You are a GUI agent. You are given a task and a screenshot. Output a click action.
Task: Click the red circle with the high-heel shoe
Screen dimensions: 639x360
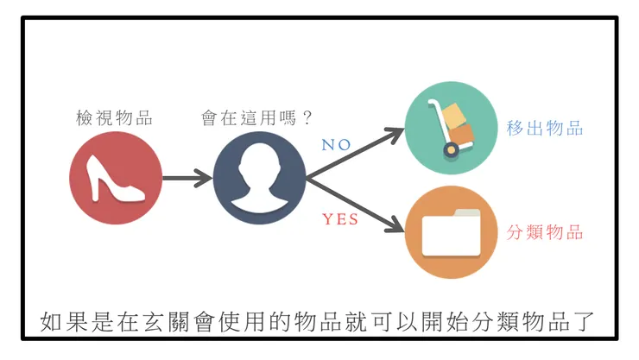[116, 179]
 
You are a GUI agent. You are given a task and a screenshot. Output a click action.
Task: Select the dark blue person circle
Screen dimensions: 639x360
[260, 179]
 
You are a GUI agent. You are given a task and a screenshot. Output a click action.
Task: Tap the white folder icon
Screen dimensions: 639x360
[451, 232]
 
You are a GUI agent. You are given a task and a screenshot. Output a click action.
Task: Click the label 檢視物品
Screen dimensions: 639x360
[114, 118]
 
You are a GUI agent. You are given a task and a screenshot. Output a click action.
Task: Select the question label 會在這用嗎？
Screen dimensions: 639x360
[256, 118]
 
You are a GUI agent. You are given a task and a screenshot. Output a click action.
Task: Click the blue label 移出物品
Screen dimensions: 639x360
[545, 129]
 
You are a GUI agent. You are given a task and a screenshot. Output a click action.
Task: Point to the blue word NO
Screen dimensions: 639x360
[336, 145]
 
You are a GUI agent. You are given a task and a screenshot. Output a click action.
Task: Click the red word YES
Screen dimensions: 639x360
[340, 219]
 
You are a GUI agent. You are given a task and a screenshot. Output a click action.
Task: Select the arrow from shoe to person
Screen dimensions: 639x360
[187, 179]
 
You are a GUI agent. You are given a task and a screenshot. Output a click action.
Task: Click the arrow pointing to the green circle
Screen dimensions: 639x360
[358, 153]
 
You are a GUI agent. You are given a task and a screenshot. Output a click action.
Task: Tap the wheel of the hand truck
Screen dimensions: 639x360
[451, 150]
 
